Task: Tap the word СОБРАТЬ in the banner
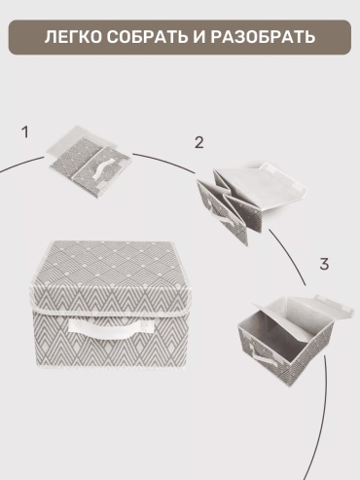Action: (148, 37)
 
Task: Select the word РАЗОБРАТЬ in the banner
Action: (263, 37)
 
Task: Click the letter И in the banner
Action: (199, 37)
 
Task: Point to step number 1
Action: (25, 132)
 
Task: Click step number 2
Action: (199, 142)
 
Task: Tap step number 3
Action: (324, 264)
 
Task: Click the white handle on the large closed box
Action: (111, 328)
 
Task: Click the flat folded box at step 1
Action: (90, 162)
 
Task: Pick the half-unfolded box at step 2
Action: (251, 202)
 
